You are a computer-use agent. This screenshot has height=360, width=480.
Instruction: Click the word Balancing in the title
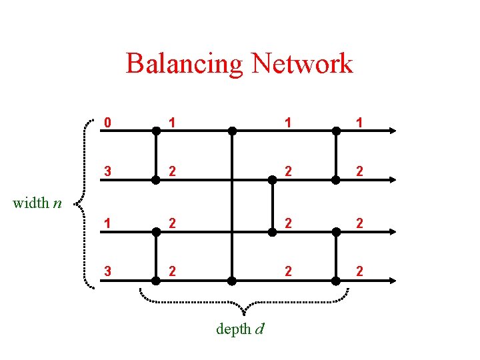182,64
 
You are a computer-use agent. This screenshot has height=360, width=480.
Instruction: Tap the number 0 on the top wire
107,123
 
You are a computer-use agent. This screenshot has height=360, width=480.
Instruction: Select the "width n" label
37,203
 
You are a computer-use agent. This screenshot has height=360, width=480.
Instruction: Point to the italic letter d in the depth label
259,329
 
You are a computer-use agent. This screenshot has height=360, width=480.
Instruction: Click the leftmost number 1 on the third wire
107,223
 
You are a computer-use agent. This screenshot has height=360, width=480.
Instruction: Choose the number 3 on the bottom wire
107,271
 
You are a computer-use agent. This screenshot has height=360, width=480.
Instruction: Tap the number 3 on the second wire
107,172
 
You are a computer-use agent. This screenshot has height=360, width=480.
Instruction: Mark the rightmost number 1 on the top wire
359,123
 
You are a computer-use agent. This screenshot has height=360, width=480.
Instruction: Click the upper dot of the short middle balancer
273,180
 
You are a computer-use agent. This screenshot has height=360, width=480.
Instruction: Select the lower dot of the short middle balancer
273,231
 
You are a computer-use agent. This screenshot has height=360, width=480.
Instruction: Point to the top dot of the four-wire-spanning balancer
232,131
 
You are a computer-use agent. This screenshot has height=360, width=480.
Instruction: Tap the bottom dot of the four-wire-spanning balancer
232,281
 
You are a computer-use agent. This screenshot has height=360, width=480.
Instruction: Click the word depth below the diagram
233,329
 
